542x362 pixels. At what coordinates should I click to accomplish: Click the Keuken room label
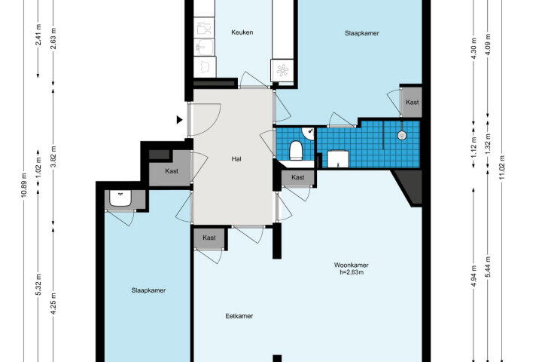coord(242,32)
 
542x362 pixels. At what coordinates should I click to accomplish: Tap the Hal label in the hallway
coord(236,159)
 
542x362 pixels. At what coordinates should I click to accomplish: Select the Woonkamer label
coord(352,265)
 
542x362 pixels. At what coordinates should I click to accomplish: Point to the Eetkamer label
coord(239,316)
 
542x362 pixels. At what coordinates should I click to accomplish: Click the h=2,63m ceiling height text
coord(352,272)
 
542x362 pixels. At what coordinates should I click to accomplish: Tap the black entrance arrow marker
coord(179,120)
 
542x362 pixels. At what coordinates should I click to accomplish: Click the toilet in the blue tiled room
coord(296,150)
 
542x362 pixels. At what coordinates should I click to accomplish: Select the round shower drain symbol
coord(401,135)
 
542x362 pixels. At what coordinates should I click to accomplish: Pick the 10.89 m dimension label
coord(23,185)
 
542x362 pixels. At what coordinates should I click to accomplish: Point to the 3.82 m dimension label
coord(53,157)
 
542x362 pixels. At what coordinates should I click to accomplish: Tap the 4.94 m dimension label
coord(473,276)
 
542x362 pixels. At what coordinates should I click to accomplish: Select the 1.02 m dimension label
coord(38,167)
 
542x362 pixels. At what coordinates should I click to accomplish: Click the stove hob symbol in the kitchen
coord(282,70)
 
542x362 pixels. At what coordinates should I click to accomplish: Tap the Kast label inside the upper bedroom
coord(412,103)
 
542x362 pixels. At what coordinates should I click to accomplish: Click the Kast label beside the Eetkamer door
coord(209,238)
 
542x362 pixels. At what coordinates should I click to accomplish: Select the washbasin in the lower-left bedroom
coord(120,198)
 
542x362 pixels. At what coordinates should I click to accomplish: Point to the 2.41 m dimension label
coord(38,35)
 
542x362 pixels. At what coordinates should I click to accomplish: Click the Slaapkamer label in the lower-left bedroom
coord(148,290)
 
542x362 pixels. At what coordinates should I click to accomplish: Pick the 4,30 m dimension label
coord(474,48)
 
